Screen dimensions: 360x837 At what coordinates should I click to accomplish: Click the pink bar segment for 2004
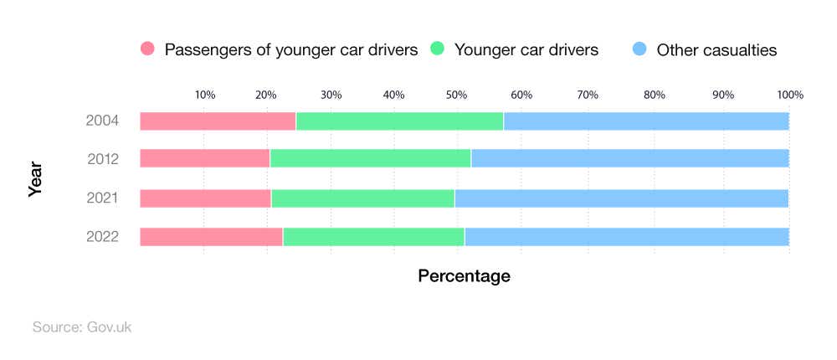point(218,121)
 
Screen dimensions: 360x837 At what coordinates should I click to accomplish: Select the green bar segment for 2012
point(370,158)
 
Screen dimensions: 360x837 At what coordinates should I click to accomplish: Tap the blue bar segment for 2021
point(621,198)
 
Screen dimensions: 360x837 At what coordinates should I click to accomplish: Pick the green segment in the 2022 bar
point(373,237)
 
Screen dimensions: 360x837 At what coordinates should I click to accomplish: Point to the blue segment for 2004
point(646,121)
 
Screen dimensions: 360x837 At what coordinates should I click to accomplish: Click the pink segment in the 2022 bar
point(211,237)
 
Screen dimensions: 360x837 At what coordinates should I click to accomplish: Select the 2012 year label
point(103,158)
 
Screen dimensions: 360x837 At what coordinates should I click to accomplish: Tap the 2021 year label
point(103,198)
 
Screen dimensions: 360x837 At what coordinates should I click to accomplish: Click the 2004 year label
point(103,121)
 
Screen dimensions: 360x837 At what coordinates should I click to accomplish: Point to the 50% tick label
point(458,95)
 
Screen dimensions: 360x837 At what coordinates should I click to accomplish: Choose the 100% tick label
point(789,95)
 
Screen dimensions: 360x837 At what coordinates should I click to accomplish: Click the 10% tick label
point(205,95)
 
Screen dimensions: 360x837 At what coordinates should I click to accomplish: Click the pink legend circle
point(149,49)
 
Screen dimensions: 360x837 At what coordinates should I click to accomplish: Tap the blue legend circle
point(639,49)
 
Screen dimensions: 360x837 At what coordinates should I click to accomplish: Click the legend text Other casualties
point(716,50)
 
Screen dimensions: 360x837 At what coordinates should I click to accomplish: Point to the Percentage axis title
point(464,275)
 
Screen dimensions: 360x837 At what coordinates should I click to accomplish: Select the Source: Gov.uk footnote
point(82,327)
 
